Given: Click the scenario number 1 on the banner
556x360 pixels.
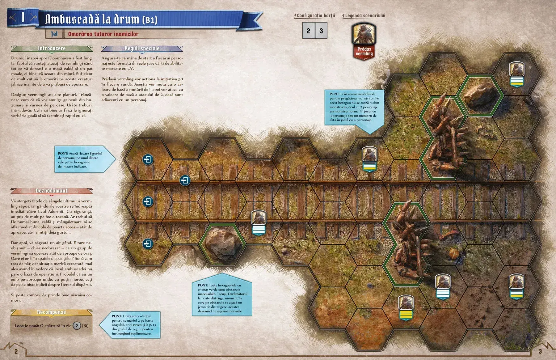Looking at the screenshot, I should pyautogui.click(x=23, y=17).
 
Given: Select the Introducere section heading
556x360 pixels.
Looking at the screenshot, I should pyautogui.click(x=52, y=48).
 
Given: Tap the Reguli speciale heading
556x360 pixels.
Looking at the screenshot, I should pyautogui.click(x=142, y=48).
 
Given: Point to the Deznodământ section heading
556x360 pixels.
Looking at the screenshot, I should pyautogui.click(x=51, y=191).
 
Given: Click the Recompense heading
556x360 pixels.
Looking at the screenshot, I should pyautogui.click(x=51, y=312).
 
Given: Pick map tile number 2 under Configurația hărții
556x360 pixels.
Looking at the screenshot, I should pyautogui.click(x=308, y=31).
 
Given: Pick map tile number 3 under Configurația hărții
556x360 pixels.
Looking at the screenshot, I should pyautogui.click(x=321, y=31).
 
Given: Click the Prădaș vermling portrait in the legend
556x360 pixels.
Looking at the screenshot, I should pyautogui.click(x=364, y=34).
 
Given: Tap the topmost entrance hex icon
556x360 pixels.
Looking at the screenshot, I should pyautogui.click(x=148, y=160).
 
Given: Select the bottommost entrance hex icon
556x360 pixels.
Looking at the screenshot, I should pyautogui.click(x=148, y=244).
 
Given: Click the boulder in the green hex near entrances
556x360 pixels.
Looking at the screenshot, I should pyautogui.click(x=222, y=244).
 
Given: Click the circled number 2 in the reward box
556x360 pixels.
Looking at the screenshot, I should pyautogui.click(x=77, y=325).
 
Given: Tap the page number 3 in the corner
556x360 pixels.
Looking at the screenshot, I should pyautogui.click(x=540, y=351).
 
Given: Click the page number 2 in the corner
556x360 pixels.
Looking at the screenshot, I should pyautogui.click(x=16, y=351).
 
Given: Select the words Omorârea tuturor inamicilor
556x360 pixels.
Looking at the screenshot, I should pyautogui.click(x=103, y=34).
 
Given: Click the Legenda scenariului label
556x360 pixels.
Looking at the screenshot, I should pyautogui.click(x=365, y=15).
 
